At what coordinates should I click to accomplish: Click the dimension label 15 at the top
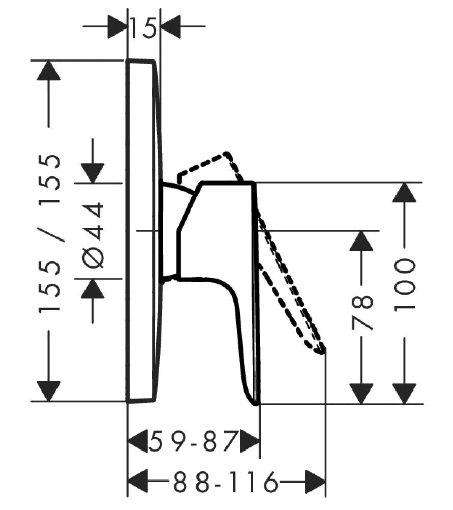[144, 27]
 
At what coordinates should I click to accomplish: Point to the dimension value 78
[361, 313]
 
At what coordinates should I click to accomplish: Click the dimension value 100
[405, 285]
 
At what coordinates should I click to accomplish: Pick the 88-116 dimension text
[225, 482]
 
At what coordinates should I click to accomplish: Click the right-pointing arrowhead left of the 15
[117, 26]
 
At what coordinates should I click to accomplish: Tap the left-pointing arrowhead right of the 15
[171, 26]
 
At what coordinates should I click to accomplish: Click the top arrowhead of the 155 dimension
[49, 70]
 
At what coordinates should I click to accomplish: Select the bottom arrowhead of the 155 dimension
[49, 392]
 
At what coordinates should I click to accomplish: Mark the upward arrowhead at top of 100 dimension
[404, 192]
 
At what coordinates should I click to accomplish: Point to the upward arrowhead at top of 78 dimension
[361, 241]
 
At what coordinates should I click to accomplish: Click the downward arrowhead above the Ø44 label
[93, 173]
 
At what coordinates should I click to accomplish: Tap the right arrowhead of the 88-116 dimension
[315, 482]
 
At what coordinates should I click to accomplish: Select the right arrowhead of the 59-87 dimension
[250, 441]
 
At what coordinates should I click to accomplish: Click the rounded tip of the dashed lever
[321, 351]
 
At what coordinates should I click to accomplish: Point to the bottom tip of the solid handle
[257, 403]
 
